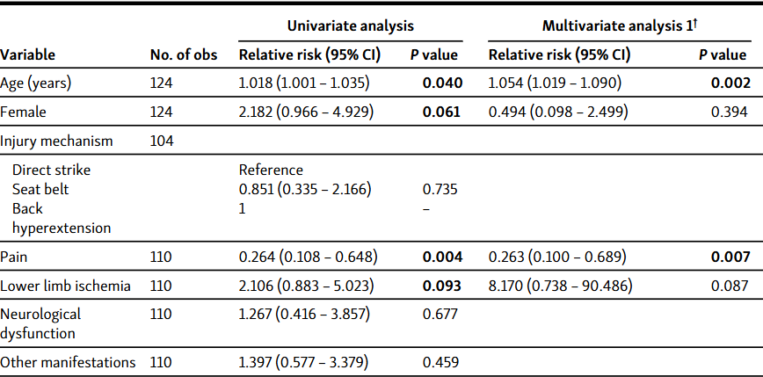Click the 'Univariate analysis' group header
click(x=350, y=27)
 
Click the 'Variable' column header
click(x=28, y=55)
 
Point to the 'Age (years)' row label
click(x=35, y=83)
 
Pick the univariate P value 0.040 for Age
click(x=440, y=83)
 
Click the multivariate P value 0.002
click(x=731, y=83)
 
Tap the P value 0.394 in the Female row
click(x=731, y=112)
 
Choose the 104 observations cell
click(x=162, y=140)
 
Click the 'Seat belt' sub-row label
click(x=40, y=189)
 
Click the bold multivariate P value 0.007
click(x=731, y=257)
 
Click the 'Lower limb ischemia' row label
click(x=66, y=286)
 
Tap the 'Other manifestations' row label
click(x=68, y=362)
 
